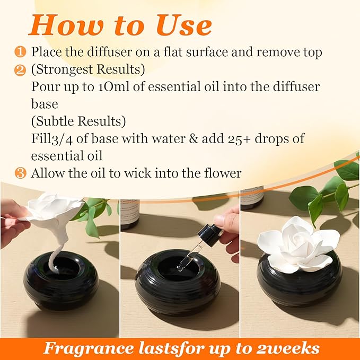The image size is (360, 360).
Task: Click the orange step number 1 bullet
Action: [x=20, y=52]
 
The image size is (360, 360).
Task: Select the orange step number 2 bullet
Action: [x=20, y=69]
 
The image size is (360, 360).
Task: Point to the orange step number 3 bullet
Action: [x=20, y=173]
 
